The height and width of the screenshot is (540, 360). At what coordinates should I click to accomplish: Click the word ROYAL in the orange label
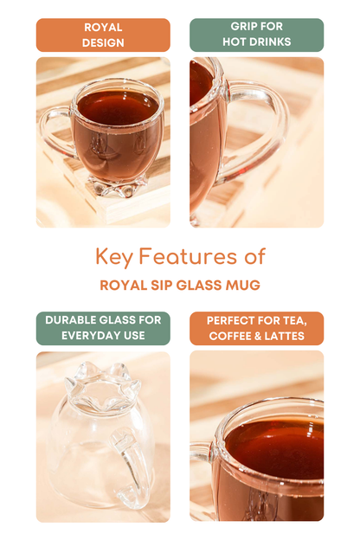click(x=103, y=28)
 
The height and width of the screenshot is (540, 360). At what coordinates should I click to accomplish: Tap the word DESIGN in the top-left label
click(x=103, y=42)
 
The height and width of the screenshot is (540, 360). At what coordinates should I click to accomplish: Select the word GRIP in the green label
click(x=241, y=26)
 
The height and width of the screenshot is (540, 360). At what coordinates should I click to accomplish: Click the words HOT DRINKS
click(x=257, y=42)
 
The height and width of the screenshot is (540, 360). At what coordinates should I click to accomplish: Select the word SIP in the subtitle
click(x=162, y=286)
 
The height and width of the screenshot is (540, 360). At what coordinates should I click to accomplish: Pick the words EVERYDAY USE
click(x=103, y=336)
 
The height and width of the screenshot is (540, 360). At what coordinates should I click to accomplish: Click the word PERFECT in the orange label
click(x=229, y=320)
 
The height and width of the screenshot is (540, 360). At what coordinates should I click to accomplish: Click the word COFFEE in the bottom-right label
click(x=228, y=336)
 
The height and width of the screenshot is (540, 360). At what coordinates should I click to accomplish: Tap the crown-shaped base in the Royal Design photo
click(x=119, y=187)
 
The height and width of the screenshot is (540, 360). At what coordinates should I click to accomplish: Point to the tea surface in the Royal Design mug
click(x=118, y=106)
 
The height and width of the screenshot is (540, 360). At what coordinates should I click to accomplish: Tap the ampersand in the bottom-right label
click(x=256, y=336)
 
